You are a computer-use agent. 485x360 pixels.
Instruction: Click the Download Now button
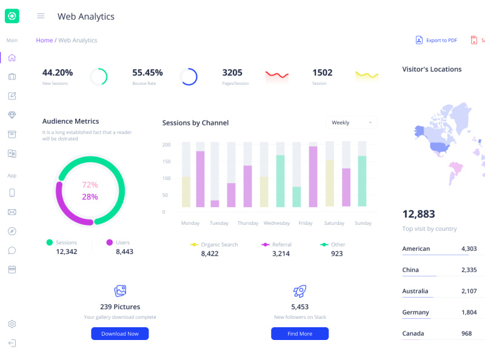119,333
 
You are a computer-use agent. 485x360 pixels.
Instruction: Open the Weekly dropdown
351,122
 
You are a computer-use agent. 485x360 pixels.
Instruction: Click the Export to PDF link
436,41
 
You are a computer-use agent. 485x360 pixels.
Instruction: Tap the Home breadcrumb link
44,41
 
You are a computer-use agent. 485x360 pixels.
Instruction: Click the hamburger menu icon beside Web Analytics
41,16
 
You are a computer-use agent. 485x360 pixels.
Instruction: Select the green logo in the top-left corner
12,16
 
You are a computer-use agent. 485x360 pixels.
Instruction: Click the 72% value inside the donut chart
90,185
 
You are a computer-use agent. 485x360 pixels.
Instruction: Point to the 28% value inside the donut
90,197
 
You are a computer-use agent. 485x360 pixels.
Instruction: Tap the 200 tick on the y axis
166,145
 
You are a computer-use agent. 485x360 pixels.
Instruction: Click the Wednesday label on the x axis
276,223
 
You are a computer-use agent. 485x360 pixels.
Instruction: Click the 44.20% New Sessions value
58,73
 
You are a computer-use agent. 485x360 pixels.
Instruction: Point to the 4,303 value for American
469,248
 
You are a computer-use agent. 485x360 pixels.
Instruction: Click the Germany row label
415,312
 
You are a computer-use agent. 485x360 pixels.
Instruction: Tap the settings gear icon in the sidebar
12,324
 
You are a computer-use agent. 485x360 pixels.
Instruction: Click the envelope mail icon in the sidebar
12,212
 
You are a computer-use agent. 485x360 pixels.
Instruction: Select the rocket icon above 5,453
299,291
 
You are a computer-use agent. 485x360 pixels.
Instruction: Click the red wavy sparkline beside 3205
276,75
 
